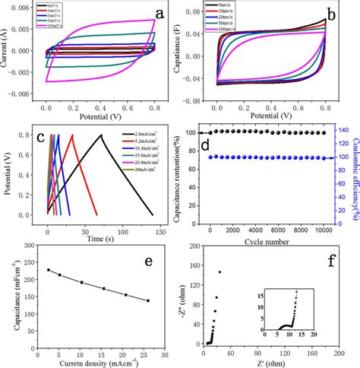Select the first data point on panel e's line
pyautogui.click(x=49, y=270)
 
